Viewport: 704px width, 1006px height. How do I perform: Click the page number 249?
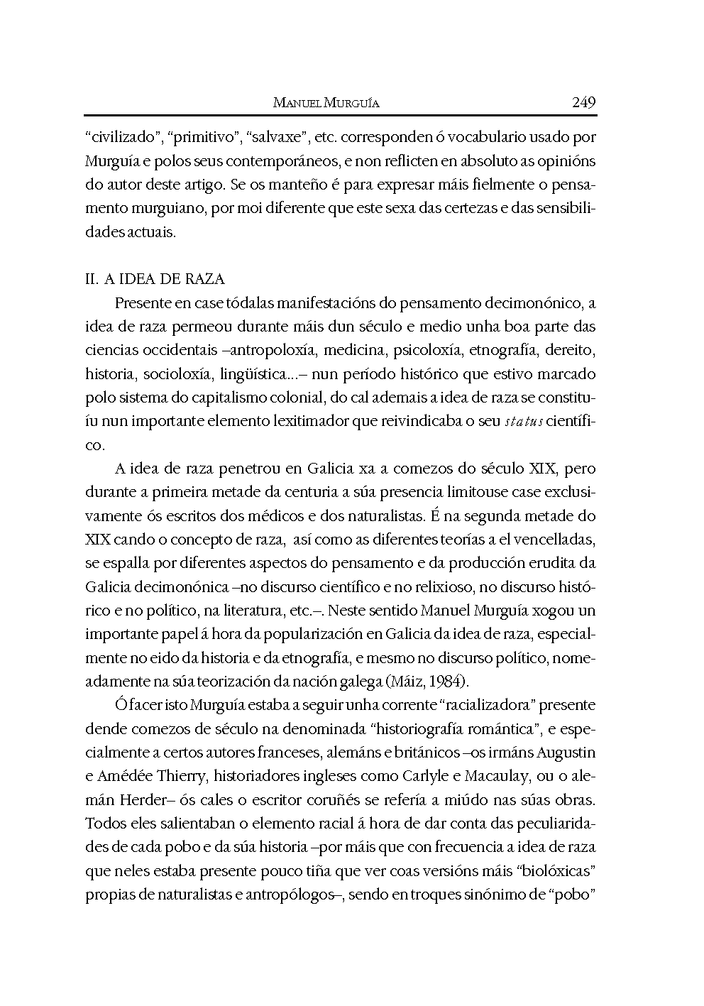pyautogui.click(x=583, y=102)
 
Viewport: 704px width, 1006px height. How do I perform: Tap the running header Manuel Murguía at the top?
pyautogui.click(x=326, y=103)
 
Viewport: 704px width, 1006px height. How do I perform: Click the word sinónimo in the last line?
pyautogui.click(x=503, y=895)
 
